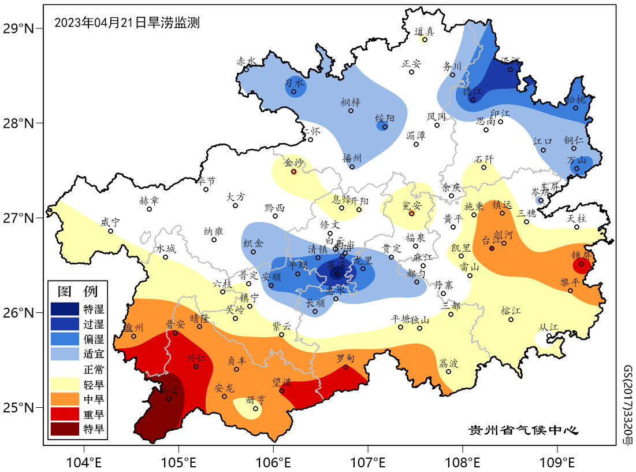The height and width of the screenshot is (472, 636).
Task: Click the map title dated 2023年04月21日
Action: [127, 23]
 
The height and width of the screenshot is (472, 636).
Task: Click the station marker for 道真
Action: [425, 39]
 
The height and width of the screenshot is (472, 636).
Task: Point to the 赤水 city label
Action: [246, 61]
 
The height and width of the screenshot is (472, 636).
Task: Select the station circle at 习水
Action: [294, 91]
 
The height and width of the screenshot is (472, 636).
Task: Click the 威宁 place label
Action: [110, 222]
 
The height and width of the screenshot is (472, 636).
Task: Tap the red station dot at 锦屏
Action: [582, 264]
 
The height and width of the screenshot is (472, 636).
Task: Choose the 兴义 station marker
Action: [169, 398]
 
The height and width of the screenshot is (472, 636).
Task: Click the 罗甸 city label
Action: [346, 359]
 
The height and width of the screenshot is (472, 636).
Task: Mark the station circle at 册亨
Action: [255, 408]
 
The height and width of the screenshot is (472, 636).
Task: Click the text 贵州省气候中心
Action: [523, 430]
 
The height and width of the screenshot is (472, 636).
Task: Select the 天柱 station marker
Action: [577, 227]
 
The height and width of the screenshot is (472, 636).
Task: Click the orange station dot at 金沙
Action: [293, 172]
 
